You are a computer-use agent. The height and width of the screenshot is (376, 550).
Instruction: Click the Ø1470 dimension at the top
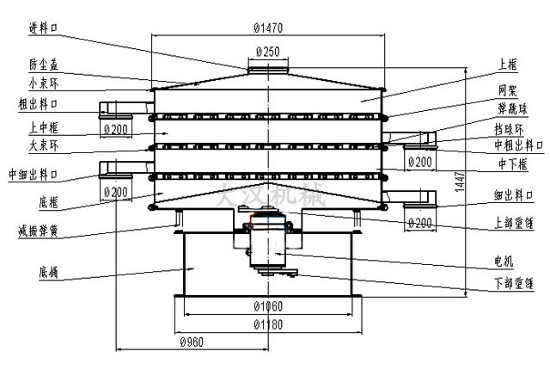point(269,28)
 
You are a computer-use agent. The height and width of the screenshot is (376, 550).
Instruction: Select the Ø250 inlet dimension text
point(268,52)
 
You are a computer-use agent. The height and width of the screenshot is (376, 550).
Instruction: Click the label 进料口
point(42,28)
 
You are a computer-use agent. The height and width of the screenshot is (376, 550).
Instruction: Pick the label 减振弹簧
point(37,231)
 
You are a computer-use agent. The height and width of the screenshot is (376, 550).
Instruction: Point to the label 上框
point(507,65)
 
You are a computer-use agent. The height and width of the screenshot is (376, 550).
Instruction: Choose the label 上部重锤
point(511,221)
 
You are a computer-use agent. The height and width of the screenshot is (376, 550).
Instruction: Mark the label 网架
point(507,89)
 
